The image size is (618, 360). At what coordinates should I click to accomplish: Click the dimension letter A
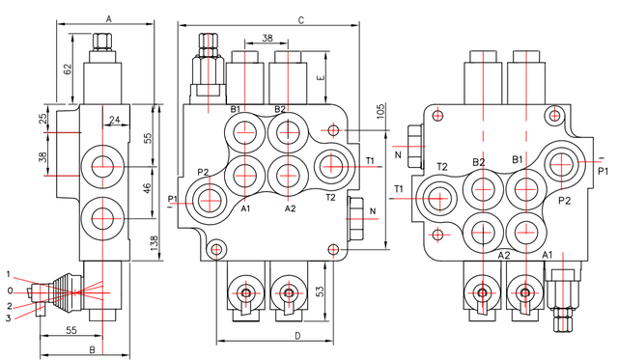click(109, 18)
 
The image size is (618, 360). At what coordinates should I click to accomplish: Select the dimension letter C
click(300, 20)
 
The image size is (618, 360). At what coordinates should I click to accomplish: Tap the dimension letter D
click(298, 336)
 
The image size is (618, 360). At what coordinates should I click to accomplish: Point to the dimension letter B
click(93, 349)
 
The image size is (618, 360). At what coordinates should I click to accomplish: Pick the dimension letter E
click(321, 77)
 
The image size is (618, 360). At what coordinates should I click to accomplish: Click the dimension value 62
click(68, 69)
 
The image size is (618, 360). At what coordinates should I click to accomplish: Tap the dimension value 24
click(115, 120)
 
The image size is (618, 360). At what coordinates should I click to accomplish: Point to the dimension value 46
click(147, 188)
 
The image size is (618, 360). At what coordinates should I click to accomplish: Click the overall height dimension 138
click(154, 244)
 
